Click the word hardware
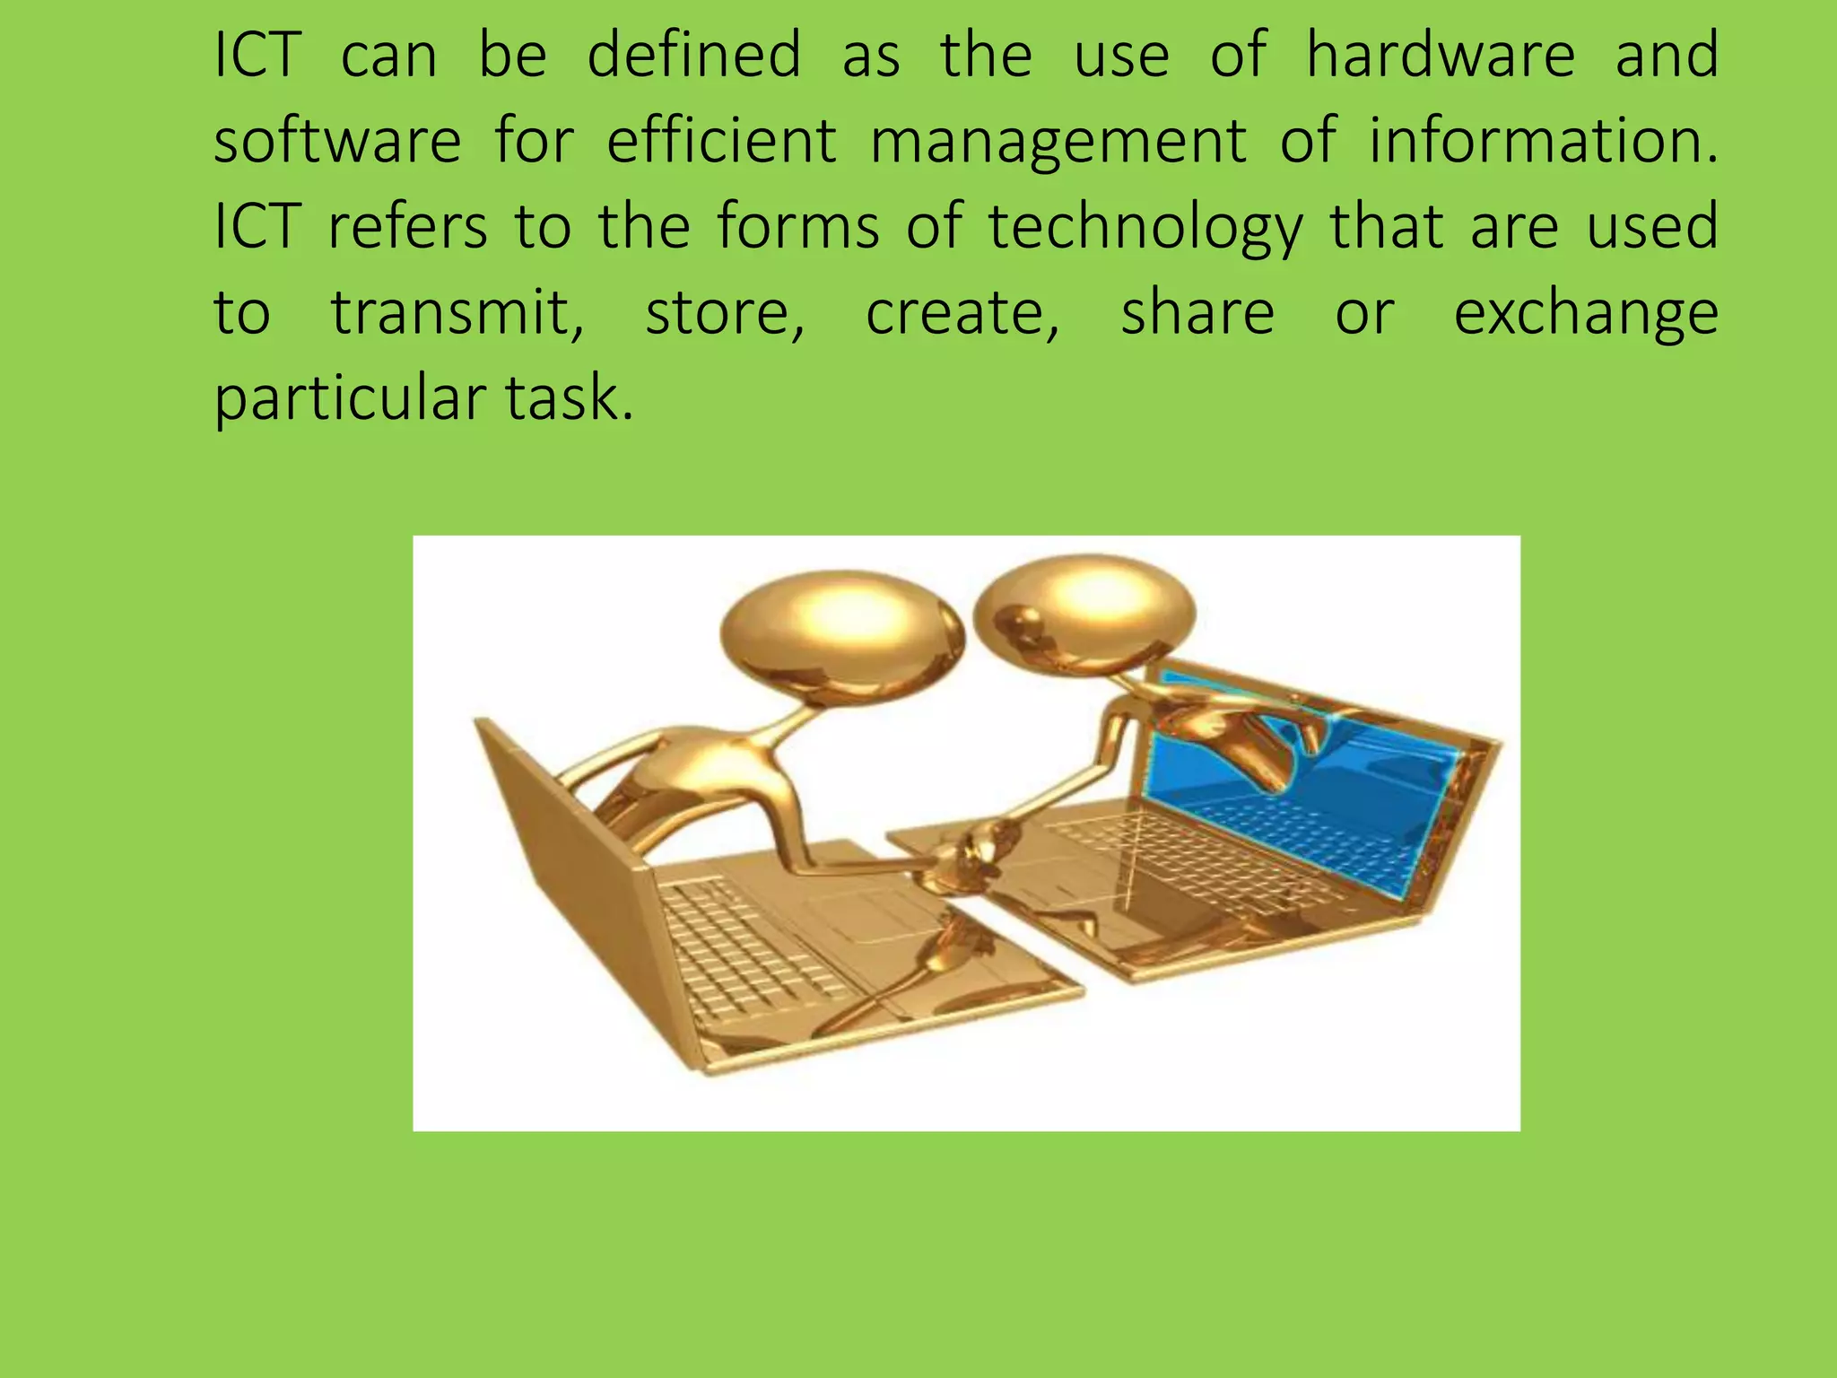coord(1440,56)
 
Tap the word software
coord(337,141)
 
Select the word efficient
coord(721,141)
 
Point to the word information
coord(1543,141)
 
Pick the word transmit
coord(457,313)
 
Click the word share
coord(1197,313)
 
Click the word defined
coord(693,56)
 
